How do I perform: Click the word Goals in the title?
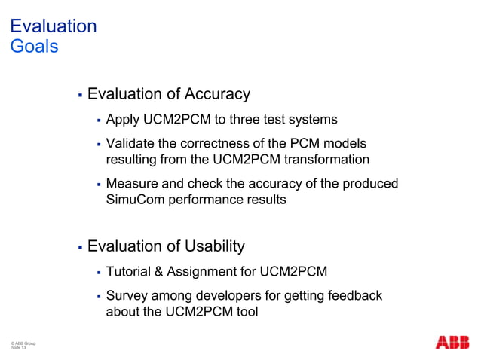[33, 46]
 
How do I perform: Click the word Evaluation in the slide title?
[53, 26]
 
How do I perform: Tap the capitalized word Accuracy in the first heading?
[216, 95]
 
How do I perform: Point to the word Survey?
[127, 295]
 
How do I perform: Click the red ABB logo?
[452, 343]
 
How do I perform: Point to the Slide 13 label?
[18, 349]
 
